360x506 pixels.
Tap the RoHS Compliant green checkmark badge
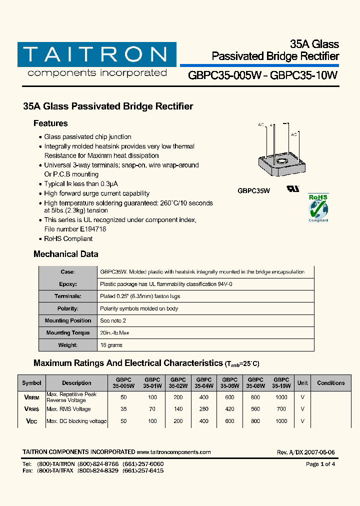pos(318,207)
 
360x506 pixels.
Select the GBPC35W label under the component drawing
pos(253,190)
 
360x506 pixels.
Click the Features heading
pos(50,123)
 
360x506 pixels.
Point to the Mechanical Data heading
pos(65,254)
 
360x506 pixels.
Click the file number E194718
pos(90,229)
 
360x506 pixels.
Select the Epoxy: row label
pos(68,284)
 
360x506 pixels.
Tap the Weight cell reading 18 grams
pos(111,345)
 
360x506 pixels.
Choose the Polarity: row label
pos(68,308)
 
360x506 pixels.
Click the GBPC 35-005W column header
pos(124,383)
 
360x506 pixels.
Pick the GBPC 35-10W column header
pos(281,383)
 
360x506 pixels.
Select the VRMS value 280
pos(204,409)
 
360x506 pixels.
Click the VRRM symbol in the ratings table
pos(31,397)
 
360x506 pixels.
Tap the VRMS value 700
pos(281,409)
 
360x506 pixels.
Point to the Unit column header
pos(302,383)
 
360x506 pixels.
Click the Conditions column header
pos(331,383)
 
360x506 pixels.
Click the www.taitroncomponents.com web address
pos(173,452)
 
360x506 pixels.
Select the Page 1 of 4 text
pos(320,464)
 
